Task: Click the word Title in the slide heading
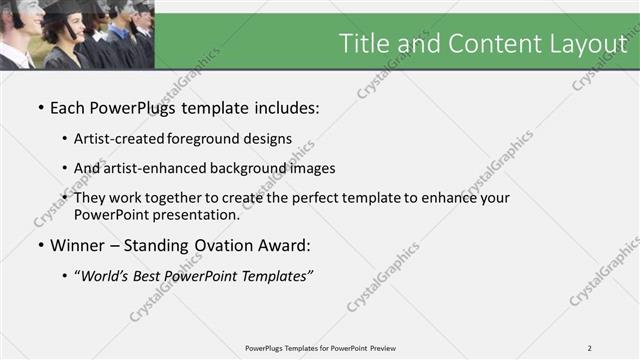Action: pos(366,43)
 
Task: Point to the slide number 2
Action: pos(590,348)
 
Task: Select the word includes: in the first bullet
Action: pos(281,106)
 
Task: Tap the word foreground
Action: pos(212,138)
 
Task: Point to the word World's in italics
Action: pos(106,276)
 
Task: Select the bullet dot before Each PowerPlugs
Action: pos(40,106)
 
